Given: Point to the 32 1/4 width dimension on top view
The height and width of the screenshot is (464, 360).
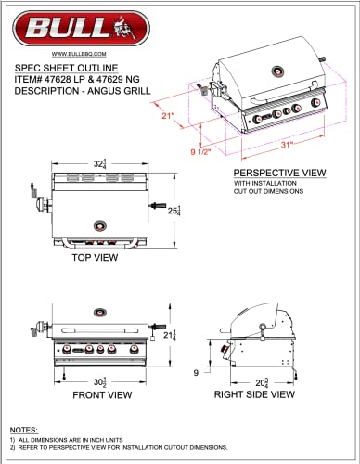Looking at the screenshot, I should pyautogui.click(x=99, y=163).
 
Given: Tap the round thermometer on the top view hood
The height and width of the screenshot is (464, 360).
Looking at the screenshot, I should pyautogui.click(x=100, y=224).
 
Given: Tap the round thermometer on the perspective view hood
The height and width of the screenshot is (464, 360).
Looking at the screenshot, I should pyautogui.click(x=276, y=72).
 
